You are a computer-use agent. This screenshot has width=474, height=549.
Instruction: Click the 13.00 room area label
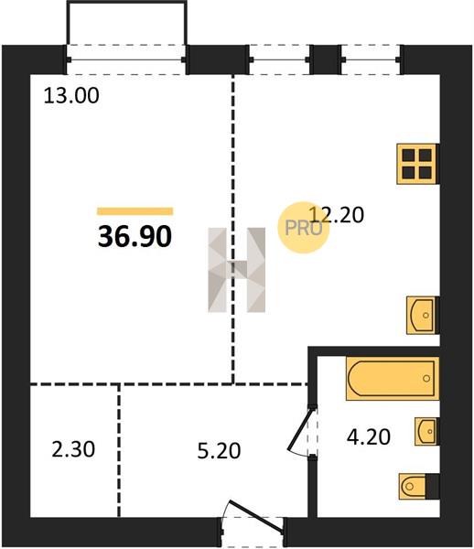click(71, 95)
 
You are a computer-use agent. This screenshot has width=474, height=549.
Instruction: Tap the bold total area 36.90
click(135, 236)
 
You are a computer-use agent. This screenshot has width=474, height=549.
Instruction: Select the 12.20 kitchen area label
click(337, 215)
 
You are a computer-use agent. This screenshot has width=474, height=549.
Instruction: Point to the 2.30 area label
click(73, 449)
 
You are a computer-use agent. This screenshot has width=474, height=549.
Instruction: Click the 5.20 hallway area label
click(219, 450)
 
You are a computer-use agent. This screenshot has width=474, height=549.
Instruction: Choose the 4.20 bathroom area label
click(368, 437)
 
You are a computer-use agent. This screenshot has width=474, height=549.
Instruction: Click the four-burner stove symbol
click(416, 164)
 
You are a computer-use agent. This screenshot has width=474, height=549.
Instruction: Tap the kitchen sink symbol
click(422, 315)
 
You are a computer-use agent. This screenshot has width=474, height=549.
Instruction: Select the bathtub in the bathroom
click(392, 379)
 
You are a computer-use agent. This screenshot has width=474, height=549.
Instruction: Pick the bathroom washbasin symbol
click(426, 431)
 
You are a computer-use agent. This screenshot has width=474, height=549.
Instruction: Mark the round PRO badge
click(304, 228)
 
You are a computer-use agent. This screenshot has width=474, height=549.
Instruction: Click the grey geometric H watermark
click(237, 270)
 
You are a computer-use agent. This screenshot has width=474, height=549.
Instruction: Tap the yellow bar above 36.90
click(135, 211)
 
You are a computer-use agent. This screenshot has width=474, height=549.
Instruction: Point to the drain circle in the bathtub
click(426, 378)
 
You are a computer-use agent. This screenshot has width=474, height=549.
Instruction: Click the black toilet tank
click(432, 487)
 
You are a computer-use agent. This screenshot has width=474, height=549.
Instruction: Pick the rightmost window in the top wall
click(372, 59)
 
